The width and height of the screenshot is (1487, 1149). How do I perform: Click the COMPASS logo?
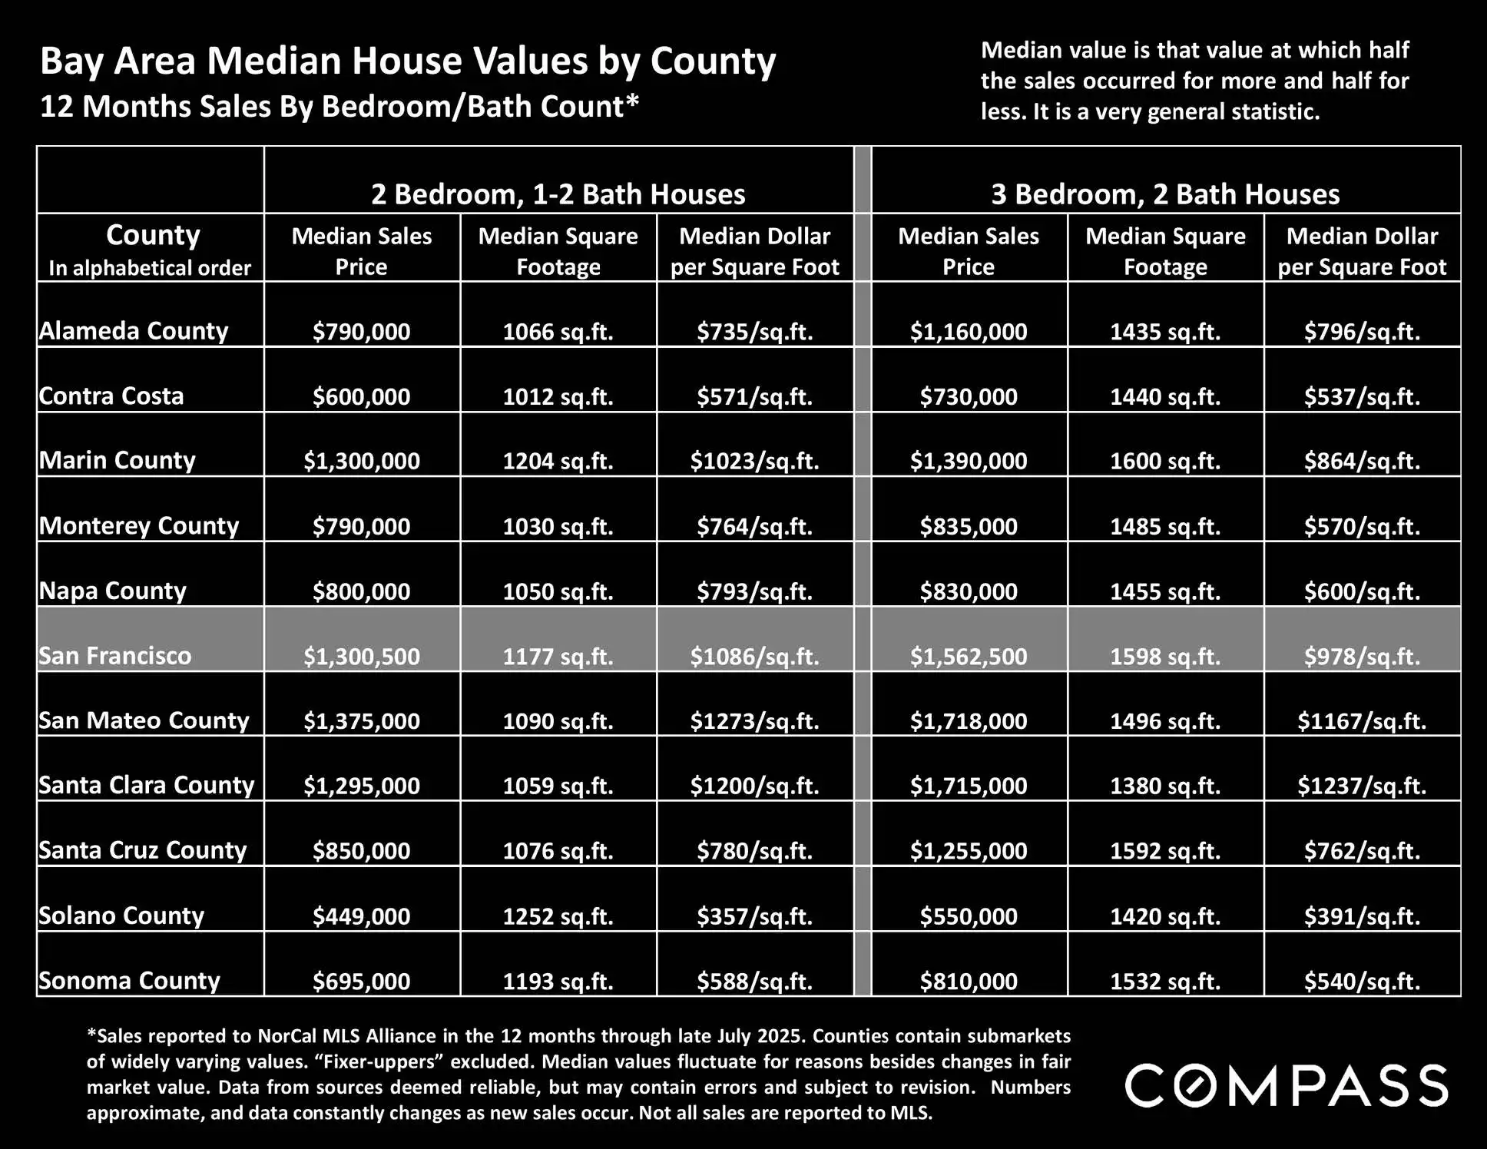[x=1287, y=1085]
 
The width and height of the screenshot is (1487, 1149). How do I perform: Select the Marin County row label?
[x=118, y=460]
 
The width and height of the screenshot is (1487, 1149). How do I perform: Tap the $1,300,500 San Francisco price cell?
[x=362, y=656]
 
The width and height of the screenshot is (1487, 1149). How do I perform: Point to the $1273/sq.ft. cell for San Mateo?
[x=754, y=720]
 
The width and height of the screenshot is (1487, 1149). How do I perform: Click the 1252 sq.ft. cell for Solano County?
[x=558, y=916]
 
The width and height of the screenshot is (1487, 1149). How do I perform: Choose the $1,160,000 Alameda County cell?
[x=969, y=331]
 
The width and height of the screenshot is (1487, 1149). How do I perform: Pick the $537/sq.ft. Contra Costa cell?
[x=1362, y=396]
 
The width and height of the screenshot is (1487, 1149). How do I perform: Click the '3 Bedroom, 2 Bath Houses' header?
[x=1165, y=194]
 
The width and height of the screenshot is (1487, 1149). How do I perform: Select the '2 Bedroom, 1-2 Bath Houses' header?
[x=558, y=194]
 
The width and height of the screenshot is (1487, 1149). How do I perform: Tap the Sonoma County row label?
[x=129, y=981]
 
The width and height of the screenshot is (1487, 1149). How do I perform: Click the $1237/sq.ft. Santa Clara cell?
[x=1362, y=786]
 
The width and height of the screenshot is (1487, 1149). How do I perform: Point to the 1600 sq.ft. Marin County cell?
[x=1165, y=461]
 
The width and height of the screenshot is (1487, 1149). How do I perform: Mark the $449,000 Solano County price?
[x=362, y=916]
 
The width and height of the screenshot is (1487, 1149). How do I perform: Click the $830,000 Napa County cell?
[x=969, y=591]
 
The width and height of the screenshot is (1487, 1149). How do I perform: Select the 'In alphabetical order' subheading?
[x=150, y=268]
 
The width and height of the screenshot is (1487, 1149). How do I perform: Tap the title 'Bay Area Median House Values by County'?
[x=408, y=61]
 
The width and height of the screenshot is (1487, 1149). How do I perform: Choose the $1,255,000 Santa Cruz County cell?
[x=969, y=850]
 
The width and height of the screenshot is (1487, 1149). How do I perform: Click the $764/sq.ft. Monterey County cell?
[x=754, y=526]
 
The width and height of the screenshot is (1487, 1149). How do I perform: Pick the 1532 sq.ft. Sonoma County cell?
[x=1165, y=981]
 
